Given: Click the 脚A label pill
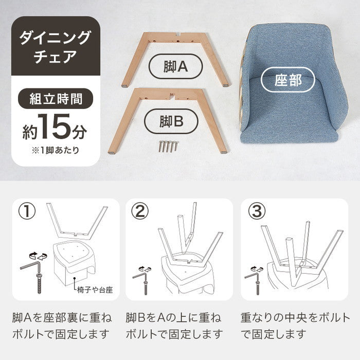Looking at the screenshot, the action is [x=176, y=66].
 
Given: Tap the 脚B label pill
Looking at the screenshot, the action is [x=171, y=121].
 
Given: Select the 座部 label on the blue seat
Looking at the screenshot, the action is [x=288, y=79].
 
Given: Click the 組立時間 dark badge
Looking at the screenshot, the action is [x=56, y=99].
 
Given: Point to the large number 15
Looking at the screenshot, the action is [x=54, y=127].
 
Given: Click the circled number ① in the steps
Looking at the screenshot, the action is [x=27, y=211].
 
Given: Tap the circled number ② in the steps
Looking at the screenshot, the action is [x=140, y=211].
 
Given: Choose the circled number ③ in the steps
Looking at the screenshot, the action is [x=257, y=211].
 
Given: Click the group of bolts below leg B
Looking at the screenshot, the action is [x=168, y=146].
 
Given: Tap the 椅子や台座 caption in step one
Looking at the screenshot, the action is [x=95, y=290].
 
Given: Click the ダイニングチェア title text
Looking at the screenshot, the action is [x=56, y=47].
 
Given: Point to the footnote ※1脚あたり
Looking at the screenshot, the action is [x=56, y=150].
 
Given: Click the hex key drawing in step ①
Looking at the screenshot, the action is [x=31, y=266].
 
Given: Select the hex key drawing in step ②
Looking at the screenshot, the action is [x=139, y=276].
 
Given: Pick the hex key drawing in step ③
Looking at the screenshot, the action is [x=251, y=275].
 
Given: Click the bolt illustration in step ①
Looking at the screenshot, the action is [x=39, y=283].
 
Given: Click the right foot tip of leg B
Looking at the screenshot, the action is [x=223, y=152].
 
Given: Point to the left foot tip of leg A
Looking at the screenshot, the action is [x=124, y=86].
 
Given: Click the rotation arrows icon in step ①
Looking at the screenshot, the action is [x=38, y=255].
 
